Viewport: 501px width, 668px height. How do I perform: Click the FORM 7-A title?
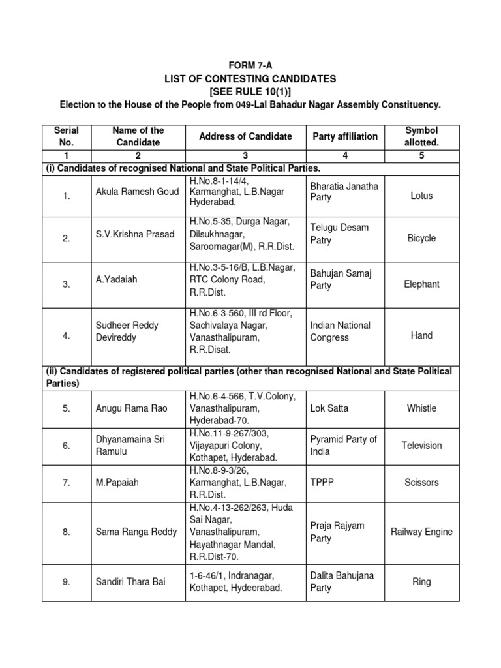pyautogui.click(x=250, y=66)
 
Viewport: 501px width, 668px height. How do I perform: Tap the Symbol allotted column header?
pyautogui.click(x=421, y=136)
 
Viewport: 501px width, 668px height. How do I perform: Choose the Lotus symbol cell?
pyautogui.click(x=421, y=196)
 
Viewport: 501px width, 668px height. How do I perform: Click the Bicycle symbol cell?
pyautogui.click(x=421, y=238)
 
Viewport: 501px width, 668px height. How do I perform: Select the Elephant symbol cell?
pyautogui.click(x=421, y=284)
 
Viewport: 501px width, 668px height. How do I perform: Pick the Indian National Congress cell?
pyautogui.click(x=340, y=331)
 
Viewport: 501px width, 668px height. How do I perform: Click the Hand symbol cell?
pyautogui.click(x=421, y=335)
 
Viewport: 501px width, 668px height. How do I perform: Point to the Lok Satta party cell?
pyautogui.click(x=329, y=408)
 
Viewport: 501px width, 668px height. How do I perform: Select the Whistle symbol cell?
pyautogui.click(x=421, y=408)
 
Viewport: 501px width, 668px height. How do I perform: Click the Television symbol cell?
pyautogui.click(x=421, y=446)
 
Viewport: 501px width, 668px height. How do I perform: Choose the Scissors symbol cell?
pyautogui.click(x=421, y=483)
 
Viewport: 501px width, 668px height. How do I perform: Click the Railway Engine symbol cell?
pyautogui.click(x=421, y=532)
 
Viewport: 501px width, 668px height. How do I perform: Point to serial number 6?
pyautogui.click(x=67, y=446)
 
